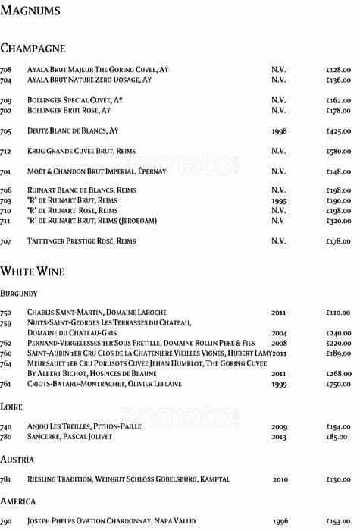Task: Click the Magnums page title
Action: tap(30, 11)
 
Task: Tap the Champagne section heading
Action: tap(33, 49)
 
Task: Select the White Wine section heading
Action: tap(33, 271)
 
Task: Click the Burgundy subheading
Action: tap(19, 292)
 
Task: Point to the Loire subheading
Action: tap(11, 407)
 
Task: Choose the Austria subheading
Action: tap(16, 460)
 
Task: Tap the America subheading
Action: tap(17, 501)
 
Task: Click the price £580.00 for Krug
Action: tap(338, 151)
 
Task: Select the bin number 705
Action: tap(5, 131)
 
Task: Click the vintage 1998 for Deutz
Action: tap(279, 131)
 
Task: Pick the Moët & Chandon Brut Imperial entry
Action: tap(96, 171)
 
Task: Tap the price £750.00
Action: tap(338, 385)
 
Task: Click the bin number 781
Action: tap(5, 479)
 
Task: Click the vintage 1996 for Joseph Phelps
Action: tap(280, 521)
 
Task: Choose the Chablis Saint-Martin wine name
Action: tap(97, 313)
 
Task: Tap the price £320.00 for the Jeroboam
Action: tap(338, 221)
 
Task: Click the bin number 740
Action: tap(5, 427)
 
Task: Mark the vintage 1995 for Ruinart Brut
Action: tap(279, 200)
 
